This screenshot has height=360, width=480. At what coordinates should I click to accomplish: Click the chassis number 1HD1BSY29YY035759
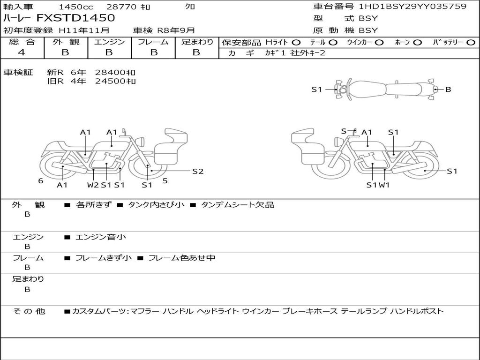coord(412,7)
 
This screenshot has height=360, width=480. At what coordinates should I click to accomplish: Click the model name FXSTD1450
coord(75,18)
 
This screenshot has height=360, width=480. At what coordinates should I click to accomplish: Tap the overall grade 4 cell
coord(22,52)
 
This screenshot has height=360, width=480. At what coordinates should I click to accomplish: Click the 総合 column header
coord(22,42)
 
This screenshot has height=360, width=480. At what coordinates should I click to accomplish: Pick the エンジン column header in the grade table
coord(109,42)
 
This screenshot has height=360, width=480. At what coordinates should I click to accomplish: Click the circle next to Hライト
coord(296,43)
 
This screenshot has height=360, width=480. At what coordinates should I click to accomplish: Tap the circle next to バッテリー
coord(471,43)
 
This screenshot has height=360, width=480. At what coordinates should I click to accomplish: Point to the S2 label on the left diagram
coord(198,172)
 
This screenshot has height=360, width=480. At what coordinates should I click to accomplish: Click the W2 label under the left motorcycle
coord(93,185)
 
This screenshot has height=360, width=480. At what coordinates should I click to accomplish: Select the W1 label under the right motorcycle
coord(384,185)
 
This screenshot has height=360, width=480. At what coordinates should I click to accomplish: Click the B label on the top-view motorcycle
coord(448,90)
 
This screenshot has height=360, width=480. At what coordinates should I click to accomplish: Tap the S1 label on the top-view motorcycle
coord(317,90)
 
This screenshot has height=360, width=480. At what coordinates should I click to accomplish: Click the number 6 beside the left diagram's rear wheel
coord(41,181)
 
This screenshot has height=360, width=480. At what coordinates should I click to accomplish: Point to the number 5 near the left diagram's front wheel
coord(165,181)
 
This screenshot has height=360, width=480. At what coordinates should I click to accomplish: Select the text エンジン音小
coord(101,237)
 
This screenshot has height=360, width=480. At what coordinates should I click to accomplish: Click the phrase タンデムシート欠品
coord(238,205)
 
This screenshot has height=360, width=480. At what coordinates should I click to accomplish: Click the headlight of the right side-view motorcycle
coord(338,142)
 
